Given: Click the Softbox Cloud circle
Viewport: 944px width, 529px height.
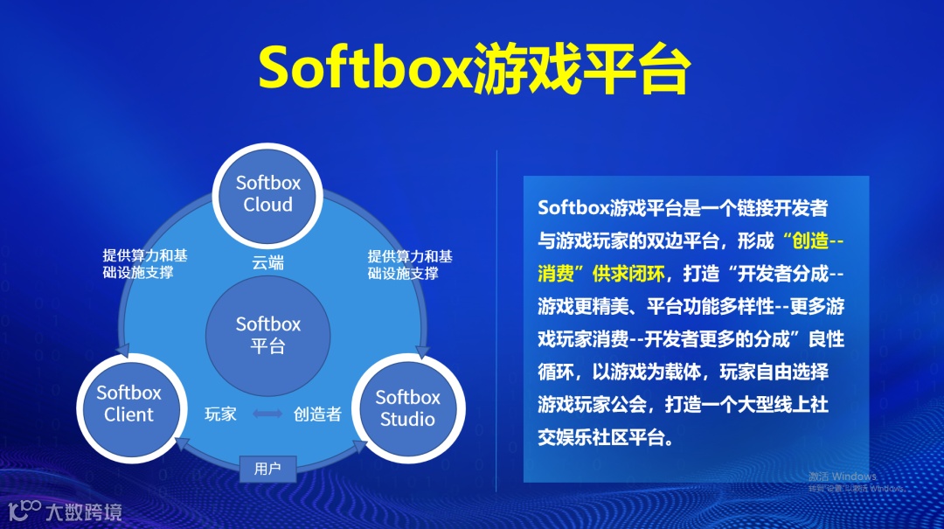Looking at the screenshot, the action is [x=267, y=194].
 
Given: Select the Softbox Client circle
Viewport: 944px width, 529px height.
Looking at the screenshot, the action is [x=128, y=403].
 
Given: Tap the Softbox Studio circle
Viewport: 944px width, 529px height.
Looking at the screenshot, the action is [x=407, y=407].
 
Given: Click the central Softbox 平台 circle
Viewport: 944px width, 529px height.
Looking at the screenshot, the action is [x=267, y=335].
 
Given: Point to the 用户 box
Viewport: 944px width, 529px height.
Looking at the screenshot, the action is [x=267, y=469].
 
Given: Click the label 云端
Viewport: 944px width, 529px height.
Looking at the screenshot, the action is [x=267, y=262].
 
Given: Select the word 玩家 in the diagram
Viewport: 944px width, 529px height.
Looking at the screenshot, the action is [x=220, y=414].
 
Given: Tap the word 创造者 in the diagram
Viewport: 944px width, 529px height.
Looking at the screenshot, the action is [x=317, y=414].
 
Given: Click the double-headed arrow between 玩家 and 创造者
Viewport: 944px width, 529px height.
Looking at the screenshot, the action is [x=267, y=414].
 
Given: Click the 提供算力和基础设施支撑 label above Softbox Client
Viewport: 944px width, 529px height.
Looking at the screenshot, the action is [x=144, y=264].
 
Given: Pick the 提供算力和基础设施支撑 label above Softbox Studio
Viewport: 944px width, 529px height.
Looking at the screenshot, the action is [x=410, y=264].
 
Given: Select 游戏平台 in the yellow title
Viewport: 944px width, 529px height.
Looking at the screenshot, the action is [x=580, y=69].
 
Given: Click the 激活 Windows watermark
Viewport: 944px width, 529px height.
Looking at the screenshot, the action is [x=843, y=477].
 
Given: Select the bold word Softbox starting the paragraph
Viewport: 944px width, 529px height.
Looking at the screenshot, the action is [x=573, y=208].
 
